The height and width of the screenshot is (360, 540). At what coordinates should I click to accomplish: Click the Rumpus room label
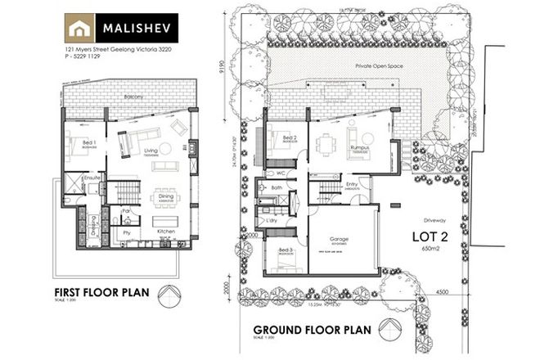click(x=360, y=147)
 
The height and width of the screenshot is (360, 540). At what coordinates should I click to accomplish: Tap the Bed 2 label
click(x=289, y=137)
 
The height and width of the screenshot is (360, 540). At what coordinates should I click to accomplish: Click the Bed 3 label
click(x=285, y=250)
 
